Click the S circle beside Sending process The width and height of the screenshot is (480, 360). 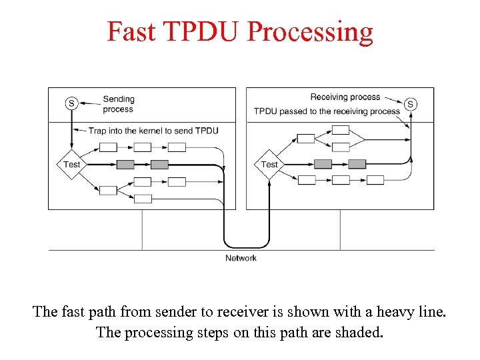pyautogui.click(x=71, y=103)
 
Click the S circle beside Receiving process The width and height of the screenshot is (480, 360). pyautogui.click(x=411, y=104)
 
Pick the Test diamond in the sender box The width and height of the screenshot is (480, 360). pyautogui.click(x=71, y=164)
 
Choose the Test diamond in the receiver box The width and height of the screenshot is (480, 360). pyautogui.click(x=269, y=164)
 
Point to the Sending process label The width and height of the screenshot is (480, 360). pyautogui.click(x=118, y=104)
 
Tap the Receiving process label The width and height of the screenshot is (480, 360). pyautogui.click(x=345, y=97)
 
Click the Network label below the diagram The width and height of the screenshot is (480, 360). pyautogui.click(x=241, y=258)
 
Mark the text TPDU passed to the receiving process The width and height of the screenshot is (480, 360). pyautogui.click(x=327, y=111)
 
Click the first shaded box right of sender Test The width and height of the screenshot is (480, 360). pyautogui.click(x=125, y=164)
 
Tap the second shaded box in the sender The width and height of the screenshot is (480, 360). pyautogui.click(x=159, y=164)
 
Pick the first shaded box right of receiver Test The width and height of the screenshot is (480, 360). pyautogui.click(x=323, y=164)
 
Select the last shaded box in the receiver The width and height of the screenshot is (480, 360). pyautogui.click(x=357, y=164)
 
